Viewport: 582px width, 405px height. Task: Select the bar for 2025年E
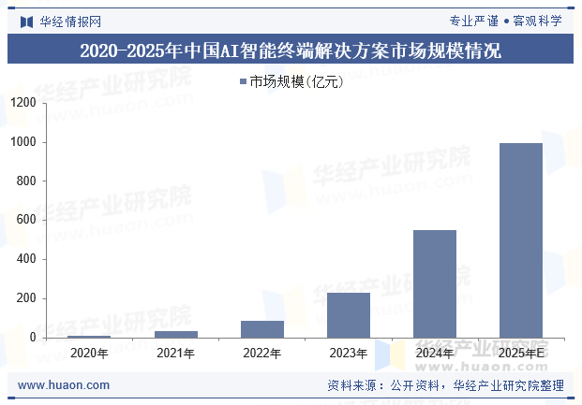[520, 240]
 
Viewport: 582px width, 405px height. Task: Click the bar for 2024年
[434, 283]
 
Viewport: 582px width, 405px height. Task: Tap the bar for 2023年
[348, 315]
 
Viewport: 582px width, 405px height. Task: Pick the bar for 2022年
[261, 329]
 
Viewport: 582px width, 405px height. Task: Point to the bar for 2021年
[175, 334]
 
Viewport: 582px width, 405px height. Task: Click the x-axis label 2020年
[89, 354]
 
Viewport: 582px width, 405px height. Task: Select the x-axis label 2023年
[348, 354]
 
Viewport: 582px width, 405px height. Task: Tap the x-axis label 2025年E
[520, 354]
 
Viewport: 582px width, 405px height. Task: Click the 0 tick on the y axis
[33, 338]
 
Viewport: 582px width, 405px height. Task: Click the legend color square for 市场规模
[242, 82]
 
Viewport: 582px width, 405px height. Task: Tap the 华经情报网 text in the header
[69, 21]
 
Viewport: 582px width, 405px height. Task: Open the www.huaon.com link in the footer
[64, 384]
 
